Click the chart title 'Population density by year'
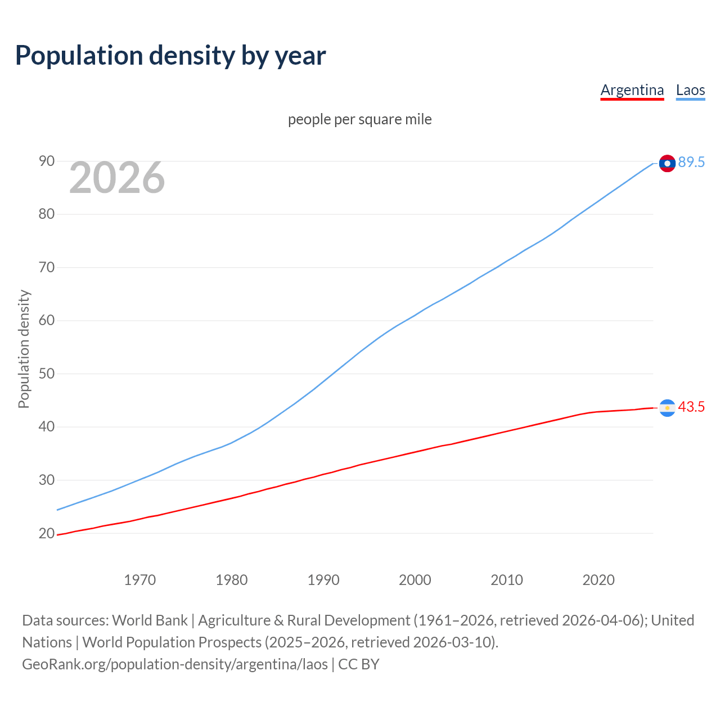tap(170, 56)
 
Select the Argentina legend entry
tap(632, 90)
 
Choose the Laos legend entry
tap(690, 90)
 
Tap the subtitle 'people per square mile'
tap(359, 119)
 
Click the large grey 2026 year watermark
tap(117, 178)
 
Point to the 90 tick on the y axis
tap(47, 161)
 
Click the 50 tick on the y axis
tap(47, 374)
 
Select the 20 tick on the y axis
tap(47, 533)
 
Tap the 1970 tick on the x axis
tap(139, 580)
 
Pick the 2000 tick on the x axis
tap(415, 580)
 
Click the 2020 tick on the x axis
tap(598, 580)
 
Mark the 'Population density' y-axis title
tap(24, 349)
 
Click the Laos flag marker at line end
tap(667, 163)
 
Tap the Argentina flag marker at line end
tap(667, 408)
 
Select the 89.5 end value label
tap(691, 163)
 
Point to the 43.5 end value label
tap(691, 407)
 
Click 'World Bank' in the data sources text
tap(150, 620)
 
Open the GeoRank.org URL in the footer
tap(174, 664)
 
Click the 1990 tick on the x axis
tap(323, 580)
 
